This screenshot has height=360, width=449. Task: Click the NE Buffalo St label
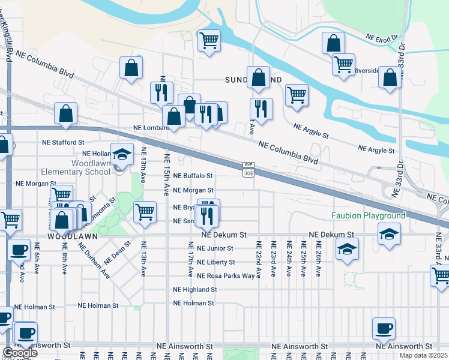click(x=193, y=176)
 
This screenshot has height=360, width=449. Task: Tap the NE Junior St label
click(x=214, y=248)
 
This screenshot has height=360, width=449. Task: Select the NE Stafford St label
click(x=63, y=142)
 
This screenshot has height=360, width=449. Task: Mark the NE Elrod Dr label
click(x=382, y=38)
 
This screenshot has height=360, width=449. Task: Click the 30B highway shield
click(x=249, y=173)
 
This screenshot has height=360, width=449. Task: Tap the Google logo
click(x=19, y=353)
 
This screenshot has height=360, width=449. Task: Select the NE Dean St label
click(x=118, y=252)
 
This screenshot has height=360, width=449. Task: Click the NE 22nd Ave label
click(x=259, y=260)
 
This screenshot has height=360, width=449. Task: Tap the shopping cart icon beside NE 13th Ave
click(x=145, y=211)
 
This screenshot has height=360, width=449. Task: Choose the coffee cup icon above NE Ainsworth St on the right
click(x=384, y=328)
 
